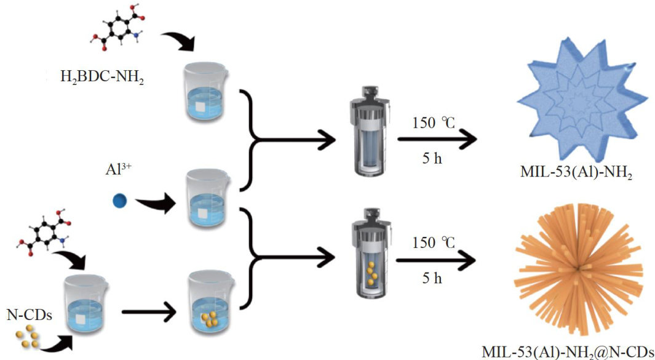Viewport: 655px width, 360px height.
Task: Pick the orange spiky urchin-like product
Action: click(x=578, y=269)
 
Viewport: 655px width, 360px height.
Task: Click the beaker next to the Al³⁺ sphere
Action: click(x=207, y=200)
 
